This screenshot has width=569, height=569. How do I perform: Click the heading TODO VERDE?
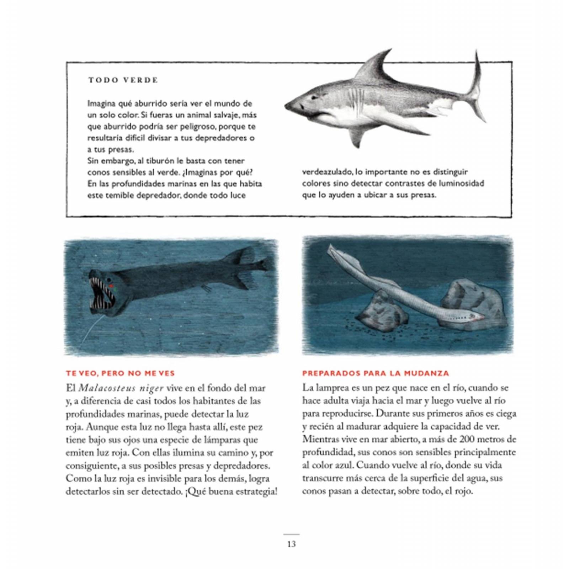point(123,80)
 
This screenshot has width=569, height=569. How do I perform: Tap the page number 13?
point(291,544)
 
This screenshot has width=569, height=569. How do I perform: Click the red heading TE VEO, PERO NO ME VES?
point(120,373)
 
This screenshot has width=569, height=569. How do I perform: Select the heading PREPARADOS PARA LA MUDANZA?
point(376,373)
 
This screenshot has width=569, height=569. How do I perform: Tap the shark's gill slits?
point(356,98)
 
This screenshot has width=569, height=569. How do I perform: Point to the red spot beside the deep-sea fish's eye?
point(111,285)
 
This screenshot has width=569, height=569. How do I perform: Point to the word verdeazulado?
point(328,172)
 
